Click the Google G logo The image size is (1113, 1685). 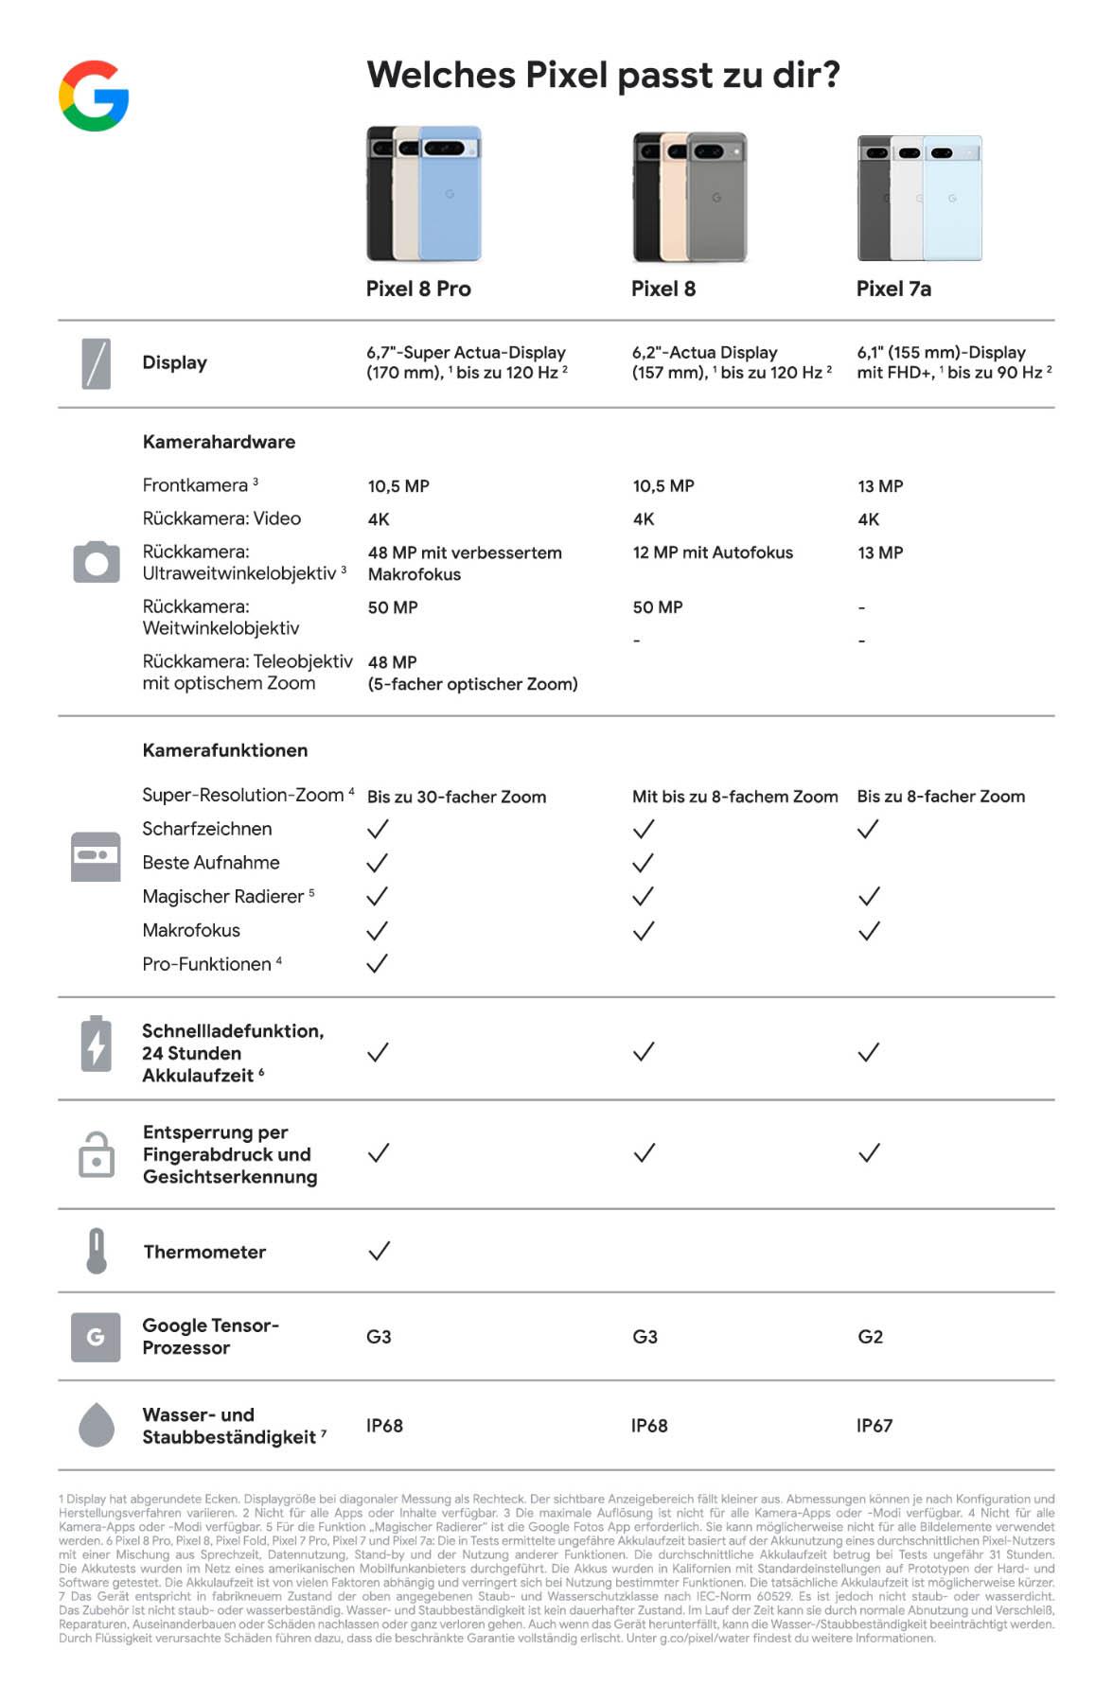94,96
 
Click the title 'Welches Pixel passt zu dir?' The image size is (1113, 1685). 603,75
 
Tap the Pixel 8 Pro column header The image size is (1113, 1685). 418,289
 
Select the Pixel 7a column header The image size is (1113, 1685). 893,289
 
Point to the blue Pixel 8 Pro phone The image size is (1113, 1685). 450,199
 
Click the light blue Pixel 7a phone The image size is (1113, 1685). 953,201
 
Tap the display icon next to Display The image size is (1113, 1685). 96,363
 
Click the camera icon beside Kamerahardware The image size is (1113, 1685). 97,562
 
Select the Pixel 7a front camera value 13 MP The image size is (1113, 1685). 880,486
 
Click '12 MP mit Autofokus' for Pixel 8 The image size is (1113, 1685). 713,553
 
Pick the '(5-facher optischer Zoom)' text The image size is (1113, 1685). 472,684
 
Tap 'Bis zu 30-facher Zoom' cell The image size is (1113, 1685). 456,797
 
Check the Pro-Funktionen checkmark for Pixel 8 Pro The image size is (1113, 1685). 378,963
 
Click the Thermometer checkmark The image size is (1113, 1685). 379,1251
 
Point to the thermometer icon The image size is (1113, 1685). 96,1251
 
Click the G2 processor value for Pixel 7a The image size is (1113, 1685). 870,1337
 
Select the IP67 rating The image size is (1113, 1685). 874,1426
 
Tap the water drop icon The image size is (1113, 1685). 96,1425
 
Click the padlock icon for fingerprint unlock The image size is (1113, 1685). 96,1154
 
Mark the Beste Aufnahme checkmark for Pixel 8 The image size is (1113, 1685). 644,863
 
